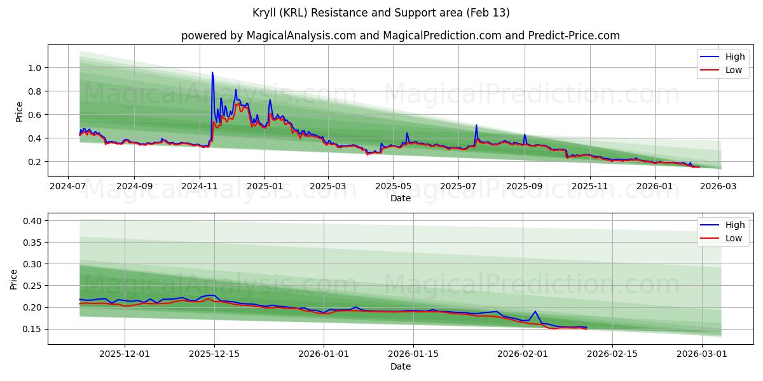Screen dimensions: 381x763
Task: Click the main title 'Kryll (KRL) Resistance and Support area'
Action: coord(381,13)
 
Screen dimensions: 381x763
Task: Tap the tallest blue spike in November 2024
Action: coord(212,72)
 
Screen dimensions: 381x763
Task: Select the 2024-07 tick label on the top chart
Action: coord(68,187)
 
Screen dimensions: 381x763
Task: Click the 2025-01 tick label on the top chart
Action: coord(265,187)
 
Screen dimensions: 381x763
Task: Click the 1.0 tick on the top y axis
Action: coord(33,68)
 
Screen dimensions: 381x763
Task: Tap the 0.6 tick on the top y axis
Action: coord(33,115)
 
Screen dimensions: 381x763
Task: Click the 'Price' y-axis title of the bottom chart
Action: coord(14,279)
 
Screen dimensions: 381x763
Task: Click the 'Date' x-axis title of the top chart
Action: coord(400,198)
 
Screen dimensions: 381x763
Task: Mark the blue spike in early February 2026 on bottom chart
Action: coord(535,311)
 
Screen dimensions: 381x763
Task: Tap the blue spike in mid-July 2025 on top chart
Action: coord(476,126)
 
